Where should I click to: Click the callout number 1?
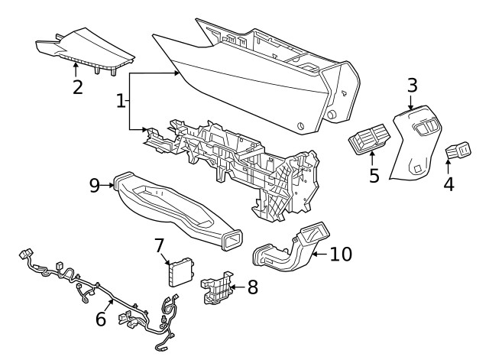click(x=120, y=100)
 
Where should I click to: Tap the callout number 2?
click(x=77, y=86)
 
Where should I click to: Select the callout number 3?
click(x=412, y=86)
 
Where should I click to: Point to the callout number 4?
click(x=449, y=183)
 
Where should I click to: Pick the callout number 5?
click(x=374, y=175)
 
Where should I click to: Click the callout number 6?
click(x=101, y=319)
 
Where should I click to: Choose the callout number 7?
click(x=160, y=245)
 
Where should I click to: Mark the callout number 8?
click(x=253, y=287)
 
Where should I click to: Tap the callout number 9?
click(x=95, y=185)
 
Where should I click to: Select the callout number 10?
click(x=341, y=253)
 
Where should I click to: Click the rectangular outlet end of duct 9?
click(x=230, y=242)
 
